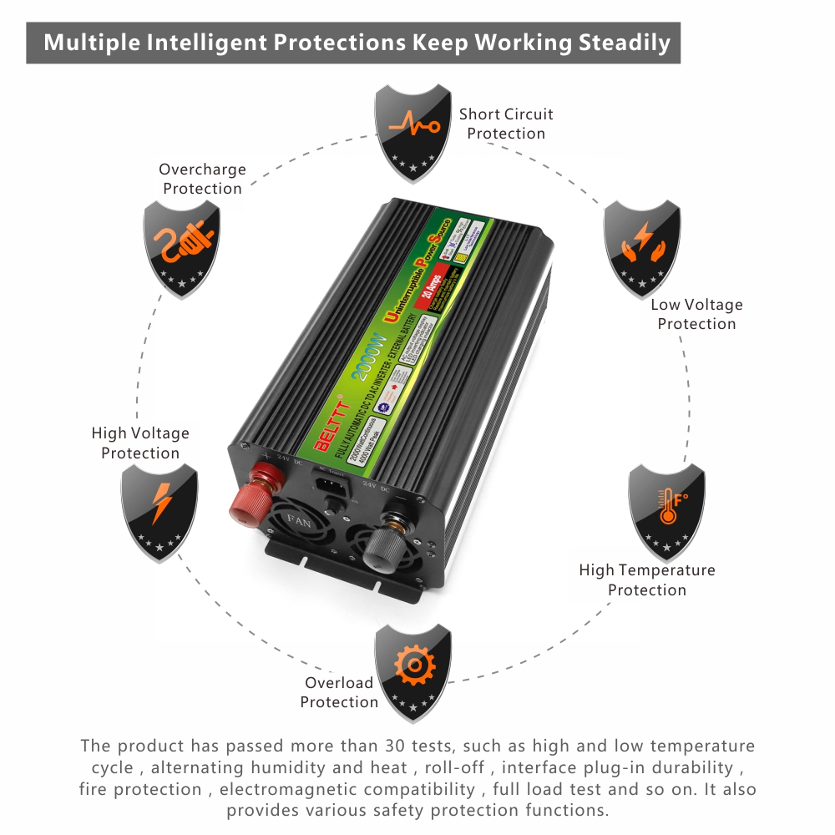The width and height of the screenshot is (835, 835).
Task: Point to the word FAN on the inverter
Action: [297, 519]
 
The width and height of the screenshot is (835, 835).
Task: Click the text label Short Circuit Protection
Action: [506, 124]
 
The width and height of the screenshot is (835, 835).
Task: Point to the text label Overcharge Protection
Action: [202, 179]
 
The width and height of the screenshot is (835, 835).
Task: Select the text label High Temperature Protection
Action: [647, 579]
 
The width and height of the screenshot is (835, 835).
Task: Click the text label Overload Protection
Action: [339, 692]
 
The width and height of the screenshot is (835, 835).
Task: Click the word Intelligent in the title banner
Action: [277, 43]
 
